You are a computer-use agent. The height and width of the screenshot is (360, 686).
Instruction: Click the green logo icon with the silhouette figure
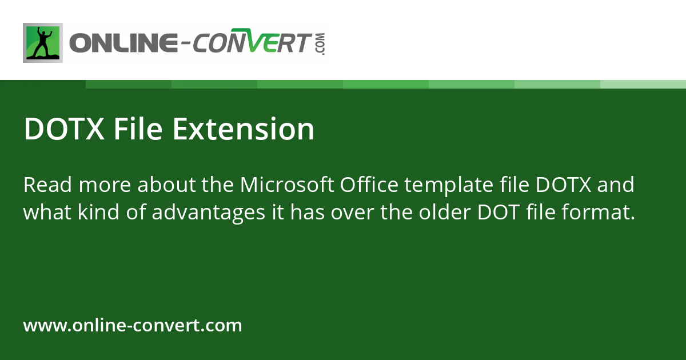pyautogui.click(x=43, y=43)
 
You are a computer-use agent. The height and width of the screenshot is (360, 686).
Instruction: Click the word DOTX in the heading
pyautogui.click(x=64, y=129)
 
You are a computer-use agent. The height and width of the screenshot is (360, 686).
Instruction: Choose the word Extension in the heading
pyautogui.click(x=244, y=129)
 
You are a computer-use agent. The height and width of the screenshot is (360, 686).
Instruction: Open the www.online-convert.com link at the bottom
pyautogui.click(x=133, y=326)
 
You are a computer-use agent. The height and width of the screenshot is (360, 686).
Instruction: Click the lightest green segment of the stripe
pyautogui.click(x=643, y=84)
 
